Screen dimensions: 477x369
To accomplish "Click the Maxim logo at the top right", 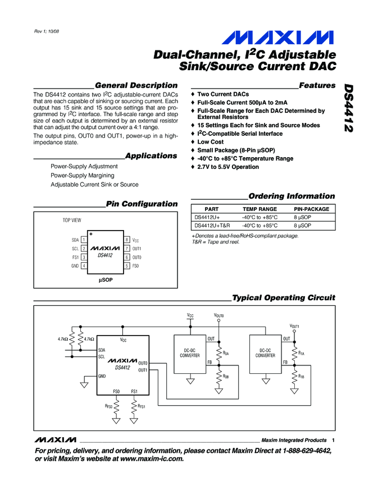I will [280, 38].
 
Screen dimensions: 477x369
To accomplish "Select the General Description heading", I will [136, 85].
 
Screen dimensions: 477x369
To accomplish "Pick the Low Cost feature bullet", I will [211, 142].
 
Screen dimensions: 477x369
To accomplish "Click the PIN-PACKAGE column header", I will [312, 209].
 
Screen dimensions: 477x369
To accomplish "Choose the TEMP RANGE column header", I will [259, 209].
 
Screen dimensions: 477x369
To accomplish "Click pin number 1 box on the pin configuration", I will [83, 240].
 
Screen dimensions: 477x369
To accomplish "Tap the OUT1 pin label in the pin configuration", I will [137, 248].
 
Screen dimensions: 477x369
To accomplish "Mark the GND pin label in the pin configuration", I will [75, 265].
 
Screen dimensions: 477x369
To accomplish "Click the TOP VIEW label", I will [72, 221].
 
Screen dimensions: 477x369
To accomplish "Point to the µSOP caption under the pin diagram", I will [106, 279].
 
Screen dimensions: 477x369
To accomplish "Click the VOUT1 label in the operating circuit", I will [294, 326].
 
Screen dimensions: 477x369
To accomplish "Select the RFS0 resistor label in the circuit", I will [109, 405].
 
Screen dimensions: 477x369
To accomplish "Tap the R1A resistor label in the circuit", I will [302, 353].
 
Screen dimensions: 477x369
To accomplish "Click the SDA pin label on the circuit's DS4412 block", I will [102, 349].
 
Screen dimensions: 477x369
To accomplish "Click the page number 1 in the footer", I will [334, 440].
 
